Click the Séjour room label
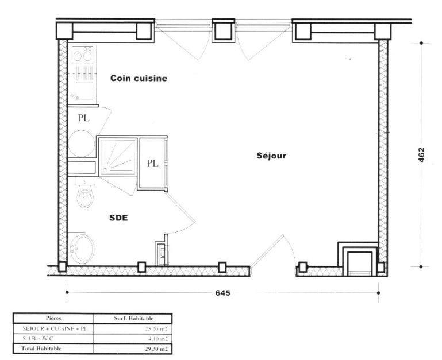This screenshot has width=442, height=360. pos(271,156)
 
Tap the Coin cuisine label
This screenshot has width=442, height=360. pos(139,79)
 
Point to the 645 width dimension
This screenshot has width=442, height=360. pos(223,293)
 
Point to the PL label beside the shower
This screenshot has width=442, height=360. pos(152,163)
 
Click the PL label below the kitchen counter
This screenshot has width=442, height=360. pos(83,118)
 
